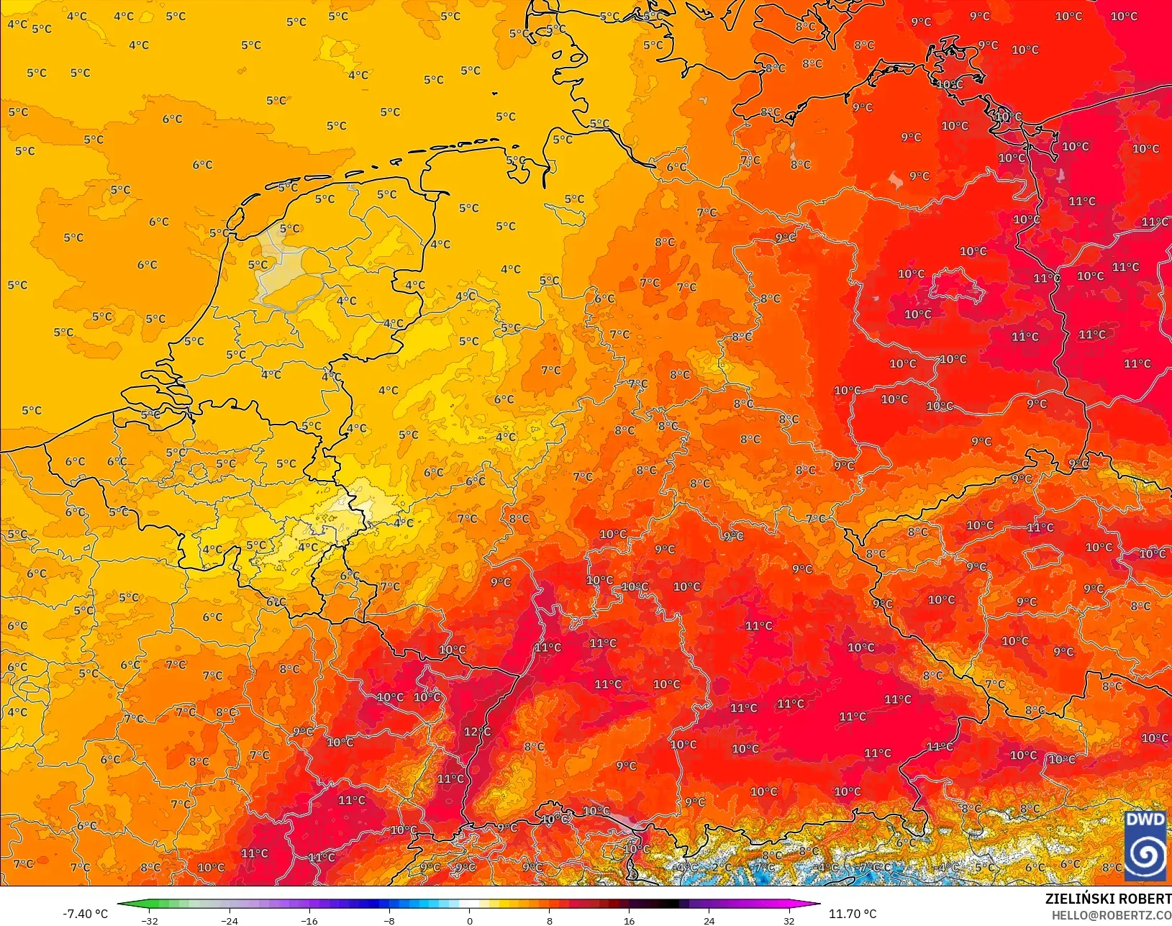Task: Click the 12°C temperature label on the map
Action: (x=477, y=732)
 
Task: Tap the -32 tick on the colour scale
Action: (x=150, y=920)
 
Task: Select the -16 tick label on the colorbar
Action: (x=309, y=920)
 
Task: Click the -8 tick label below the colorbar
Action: (x=389, y=920)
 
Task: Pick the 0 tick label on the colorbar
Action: (x=470, y=920)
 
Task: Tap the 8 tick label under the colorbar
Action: (x=550, y=920)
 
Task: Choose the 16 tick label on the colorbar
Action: (x=630, y=920)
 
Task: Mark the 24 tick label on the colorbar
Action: (x=709, y=920)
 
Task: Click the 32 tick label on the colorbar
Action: (x=789, y=920)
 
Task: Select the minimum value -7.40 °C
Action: (x=85, y=914)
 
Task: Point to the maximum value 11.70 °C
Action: (x=853, y=914)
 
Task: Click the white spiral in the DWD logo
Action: (x=1145, y=855)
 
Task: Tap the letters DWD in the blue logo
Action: (x=1145, y=820)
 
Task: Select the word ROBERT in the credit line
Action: (x=1145, y=899)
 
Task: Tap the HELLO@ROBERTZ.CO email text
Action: (x=1112, y=914)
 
